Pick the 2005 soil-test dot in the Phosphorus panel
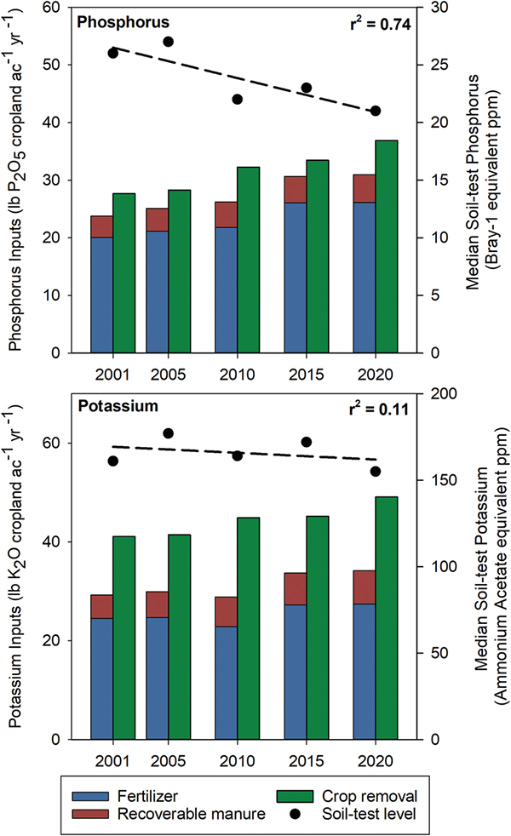168,42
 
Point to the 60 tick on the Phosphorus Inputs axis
73,8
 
